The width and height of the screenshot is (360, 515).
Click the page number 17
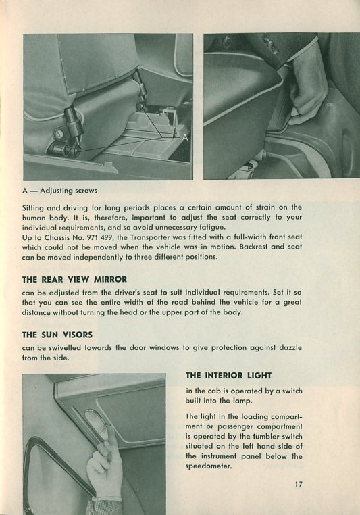(299, 484)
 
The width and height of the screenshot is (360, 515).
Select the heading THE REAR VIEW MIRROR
(74, 280)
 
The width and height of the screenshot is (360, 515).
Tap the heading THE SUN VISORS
(57, 335)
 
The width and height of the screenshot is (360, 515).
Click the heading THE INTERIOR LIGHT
(228, 375)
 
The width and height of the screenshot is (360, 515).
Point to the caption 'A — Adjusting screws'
(59, 191)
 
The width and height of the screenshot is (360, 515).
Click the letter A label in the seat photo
(185, 138)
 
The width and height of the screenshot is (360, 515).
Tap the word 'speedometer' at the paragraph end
(208, 466)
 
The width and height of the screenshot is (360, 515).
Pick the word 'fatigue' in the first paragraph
(212, 227)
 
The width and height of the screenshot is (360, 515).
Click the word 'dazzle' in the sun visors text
(290, 348)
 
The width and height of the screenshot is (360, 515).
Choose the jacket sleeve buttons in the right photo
(270, 45)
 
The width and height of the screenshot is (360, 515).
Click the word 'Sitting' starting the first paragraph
(33, 208)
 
